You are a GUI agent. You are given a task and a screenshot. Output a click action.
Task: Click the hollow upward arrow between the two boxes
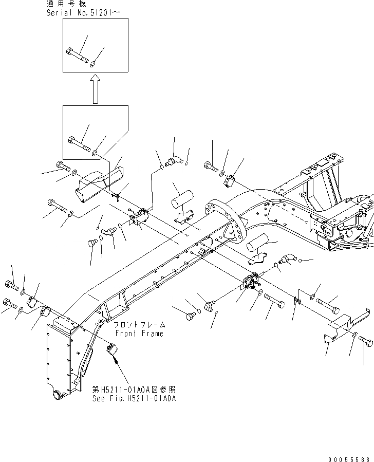pos(95,88)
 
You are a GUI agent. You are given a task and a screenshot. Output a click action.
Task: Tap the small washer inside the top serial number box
pos(92,64)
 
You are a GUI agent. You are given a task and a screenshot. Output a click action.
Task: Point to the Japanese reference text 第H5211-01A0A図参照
pos(134,390)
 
